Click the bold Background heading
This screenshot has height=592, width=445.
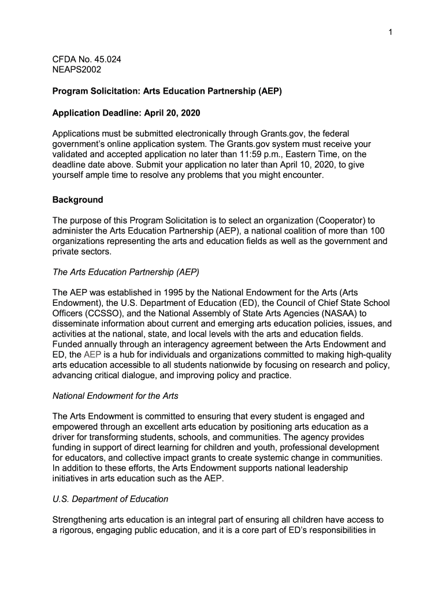click(78, 200)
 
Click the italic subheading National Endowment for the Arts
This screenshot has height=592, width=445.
click(116, 396)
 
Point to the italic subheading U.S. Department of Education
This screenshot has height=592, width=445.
click(110, 499)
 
